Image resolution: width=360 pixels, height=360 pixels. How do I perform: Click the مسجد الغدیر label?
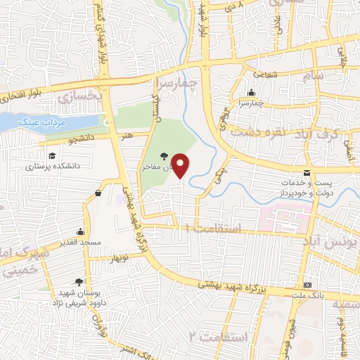(x=82, y=242)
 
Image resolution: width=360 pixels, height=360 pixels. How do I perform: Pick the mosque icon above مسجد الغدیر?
(x=81, y=231)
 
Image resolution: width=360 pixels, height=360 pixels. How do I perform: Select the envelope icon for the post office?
(x=306, y=172)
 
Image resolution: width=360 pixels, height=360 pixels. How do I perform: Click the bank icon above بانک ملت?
(x=307, y=285)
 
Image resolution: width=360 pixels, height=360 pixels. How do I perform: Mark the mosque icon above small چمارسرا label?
(x=250, y=92)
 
